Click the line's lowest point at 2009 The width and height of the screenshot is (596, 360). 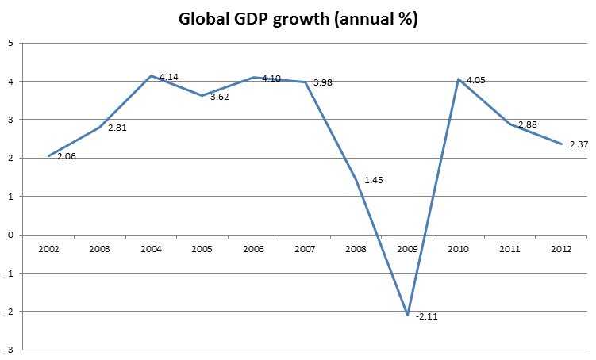point(407,315)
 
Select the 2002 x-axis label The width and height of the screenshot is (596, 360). point(48,248)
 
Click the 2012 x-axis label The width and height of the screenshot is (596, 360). point(561,248)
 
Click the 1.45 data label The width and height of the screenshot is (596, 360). point(374,181)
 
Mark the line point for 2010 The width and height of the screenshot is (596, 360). point(459,79)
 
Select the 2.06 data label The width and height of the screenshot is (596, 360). point(66,157)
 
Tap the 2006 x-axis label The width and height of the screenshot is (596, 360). point(253,248)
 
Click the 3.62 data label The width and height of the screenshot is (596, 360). point(219,97)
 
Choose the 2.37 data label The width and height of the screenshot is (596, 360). point(579,144)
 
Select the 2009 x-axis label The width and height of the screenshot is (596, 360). point(407,248)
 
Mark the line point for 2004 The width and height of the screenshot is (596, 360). point(151,75)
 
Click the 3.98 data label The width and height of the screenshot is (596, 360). point(322,82)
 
